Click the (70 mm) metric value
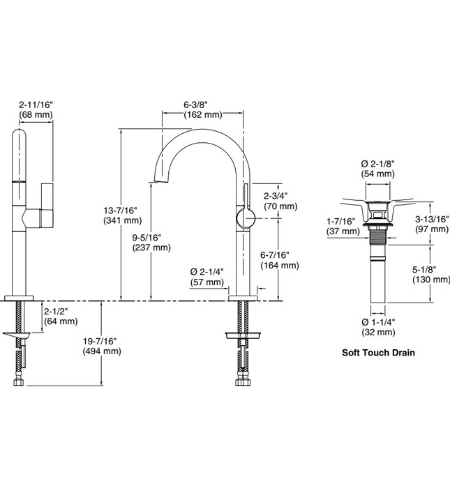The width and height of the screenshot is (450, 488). point(280,207)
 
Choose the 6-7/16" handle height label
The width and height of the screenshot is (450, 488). point(280,255)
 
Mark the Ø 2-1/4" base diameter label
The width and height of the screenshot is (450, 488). point(207,272)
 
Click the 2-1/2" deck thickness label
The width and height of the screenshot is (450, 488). point(60,312)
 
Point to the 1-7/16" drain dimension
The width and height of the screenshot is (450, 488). point(341,221)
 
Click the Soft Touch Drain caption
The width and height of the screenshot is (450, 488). point(378,352)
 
